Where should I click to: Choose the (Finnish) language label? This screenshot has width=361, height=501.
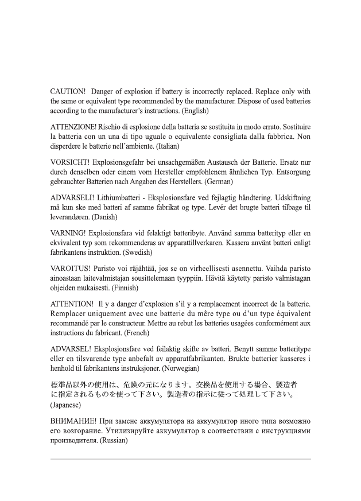pyautogui.click(x=130, y=288)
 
